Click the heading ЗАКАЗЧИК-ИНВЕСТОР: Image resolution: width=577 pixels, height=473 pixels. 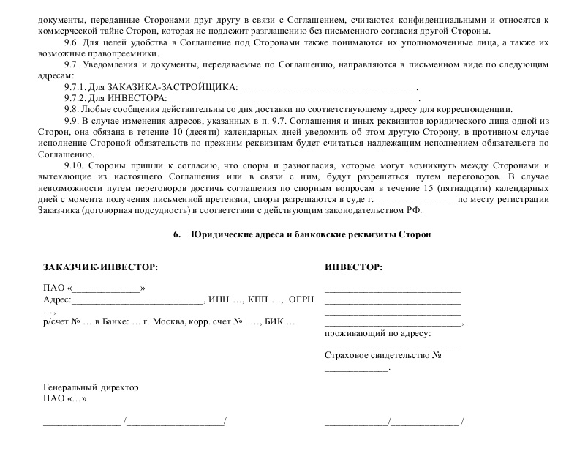coord(100,267)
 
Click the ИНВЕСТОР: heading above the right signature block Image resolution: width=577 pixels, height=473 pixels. coord(353,267)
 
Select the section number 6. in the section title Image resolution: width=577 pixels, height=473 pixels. coord(176,235)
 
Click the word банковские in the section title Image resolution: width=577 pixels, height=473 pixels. coord(309,235)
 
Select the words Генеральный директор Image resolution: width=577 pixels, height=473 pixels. coord(91,387)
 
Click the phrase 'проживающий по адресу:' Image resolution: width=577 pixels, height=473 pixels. coord(377,333)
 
